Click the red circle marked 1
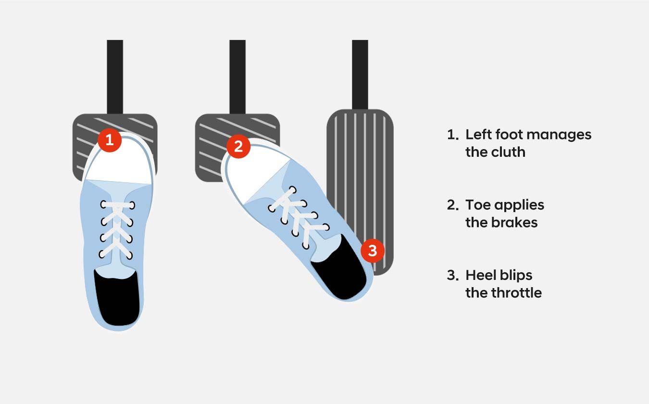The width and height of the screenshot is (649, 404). (x=110, y=140)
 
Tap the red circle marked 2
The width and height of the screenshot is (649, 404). (x=238, y=146)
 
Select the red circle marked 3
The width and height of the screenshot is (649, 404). (x=373, y=251)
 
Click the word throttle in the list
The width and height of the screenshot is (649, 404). (x=517, y=293)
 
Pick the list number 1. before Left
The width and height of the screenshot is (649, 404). (x=453, y=135)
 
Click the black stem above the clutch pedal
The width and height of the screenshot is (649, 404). (x=115, y=77)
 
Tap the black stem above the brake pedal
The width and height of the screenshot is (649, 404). (x=237, y=77)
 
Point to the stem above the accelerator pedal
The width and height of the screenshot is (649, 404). (x=360, y=75)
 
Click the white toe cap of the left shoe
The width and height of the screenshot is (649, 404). (x=119, y=162)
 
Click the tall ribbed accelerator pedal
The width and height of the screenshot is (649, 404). (x=360, y=191)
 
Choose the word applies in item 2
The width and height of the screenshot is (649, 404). (x=519, y=205)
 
